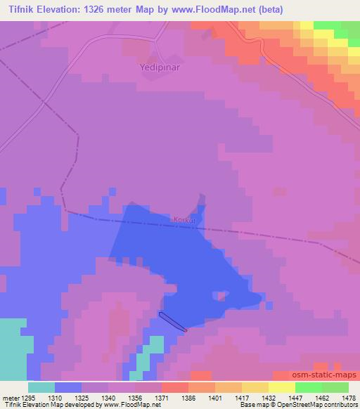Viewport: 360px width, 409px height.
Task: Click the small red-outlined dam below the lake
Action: click(172, 322)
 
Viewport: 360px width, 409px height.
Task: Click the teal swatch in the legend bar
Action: click(41, 387)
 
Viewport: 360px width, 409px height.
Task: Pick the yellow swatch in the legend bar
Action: click(282, 387)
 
